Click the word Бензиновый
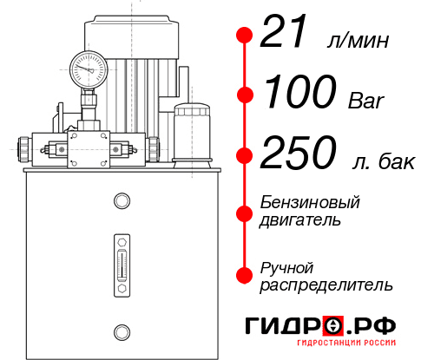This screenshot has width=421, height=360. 310,203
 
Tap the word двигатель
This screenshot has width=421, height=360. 300,220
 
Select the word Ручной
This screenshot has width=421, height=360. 287,266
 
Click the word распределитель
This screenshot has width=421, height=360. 326,284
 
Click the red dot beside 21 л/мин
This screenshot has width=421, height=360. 245,36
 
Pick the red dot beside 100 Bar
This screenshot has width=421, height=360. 245,94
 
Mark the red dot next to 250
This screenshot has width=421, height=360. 245,156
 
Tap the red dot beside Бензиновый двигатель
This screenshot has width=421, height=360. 245,211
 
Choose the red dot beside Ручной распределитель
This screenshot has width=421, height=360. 245,274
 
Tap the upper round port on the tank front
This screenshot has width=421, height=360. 121,201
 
